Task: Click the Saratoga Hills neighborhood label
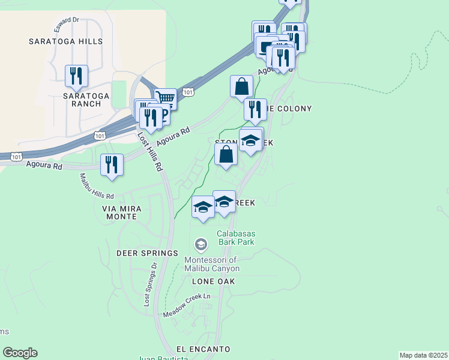click(x=66, y=41)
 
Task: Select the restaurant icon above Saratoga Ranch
click(x=76, y=76)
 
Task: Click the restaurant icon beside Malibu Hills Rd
click(x=112, y=164)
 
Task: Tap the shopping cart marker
click(x=165, y=98)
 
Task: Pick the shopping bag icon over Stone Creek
click(x=226, y=155)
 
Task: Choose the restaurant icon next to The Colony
click(x=255, y=109)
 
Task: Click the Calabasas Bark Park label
click(x=236, y=238)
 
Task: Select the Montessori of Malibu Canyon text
click(x=212, y=264)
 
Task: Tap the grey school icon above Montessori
click(x=200, y=244)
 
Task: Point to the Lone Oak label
click(x=213, y=281)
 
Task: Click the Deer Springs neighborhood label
click(x=147, y=253)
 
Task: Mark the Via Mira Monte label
click(x=122, y=212)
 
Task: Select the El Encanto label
click(x=203, y=349)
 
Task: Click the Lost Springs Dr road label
click(x=150, y=284)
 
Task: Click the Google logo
click(x=20, y=353)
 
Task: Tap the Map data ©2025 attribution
click(x=423, y=355)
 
